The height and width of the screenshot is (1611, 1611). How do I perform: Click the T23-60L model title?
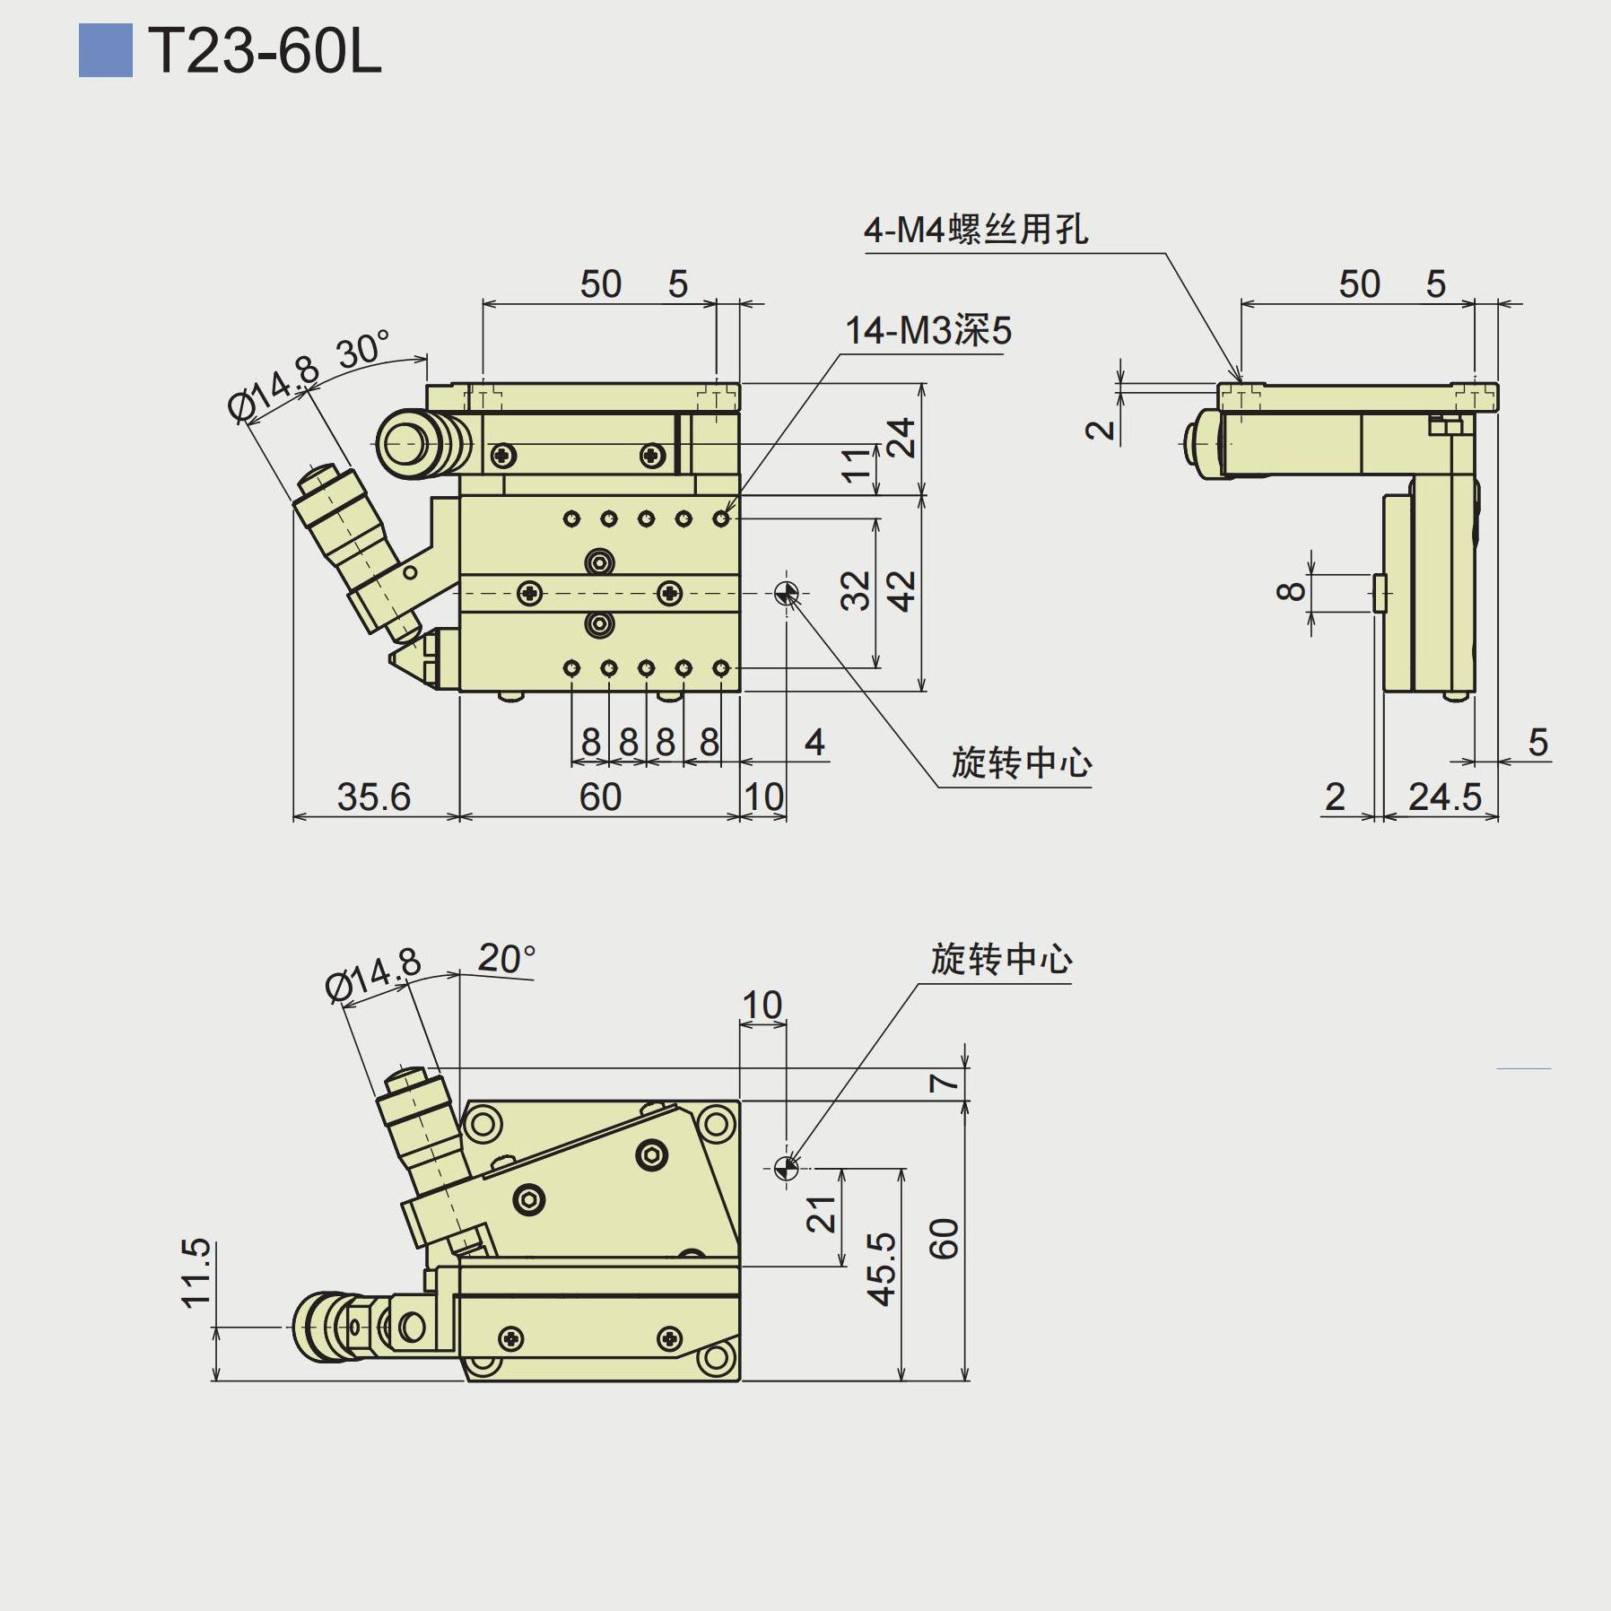(x=265, y=51)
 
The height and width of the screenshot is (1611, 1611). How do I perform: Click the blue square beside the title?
(x=105, y=51)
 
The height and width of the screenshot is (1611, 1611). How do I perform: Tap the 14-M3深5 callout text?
(x=927, y=331)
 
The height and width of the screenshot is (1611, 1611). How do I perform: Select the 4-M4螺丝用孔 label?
(x=976, y=231)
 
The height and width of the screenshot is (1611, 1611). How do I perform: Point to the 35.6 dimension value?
(x=373, y=797)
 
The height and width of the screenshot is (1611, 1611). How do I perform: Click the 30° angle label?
(x=364, y=349)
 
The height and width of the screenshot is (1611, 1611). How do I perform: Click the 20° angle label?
(x=506, y=959)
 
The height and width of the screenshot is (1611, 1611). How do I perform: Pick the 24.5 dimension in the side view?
(x=1444, y=797)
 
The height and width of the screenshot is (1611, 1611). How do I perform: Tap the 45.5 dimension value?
(x=883, y=1268)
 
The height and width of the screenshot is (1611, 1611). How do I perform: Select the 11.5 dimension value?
(x=196, y=1273)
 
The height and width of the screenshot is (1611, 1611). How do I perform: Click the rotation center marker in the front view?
(x=787, y=593)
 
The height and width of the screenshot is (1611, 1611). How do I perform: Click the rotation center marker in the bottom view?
(x=787, y=1167)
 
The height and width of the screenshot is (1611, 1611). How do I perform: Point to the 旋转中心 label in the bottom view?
(x=1001, y=960)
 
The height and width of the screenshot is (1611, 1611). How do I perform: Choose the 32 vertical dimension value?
(x=857, y=591)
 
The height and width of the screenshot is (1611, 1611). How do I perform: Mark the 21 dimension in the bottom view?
(x=823, y=1215)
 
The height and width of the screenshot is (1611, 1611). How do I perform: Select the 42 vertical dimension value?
(x=902, y=591)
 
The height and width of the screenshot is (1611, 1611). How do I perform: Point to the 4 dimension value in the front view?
(x=814, y=742)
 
